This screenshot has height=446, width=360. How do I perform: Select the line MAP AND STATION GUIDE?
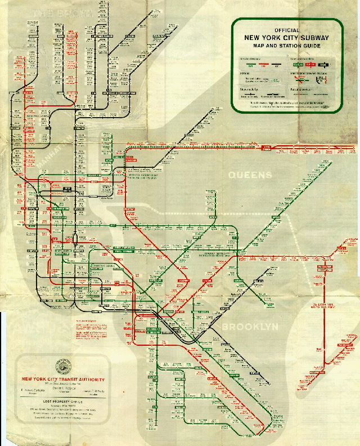[286, 45]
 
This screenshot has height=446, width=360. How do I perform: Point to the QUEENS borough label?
[249, 175]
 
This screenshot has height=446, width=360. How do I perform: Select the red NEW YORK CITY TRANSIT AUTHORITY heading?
[62, 378]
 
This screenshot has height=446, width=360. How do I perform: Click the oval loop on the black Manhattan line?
[74, 240]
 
